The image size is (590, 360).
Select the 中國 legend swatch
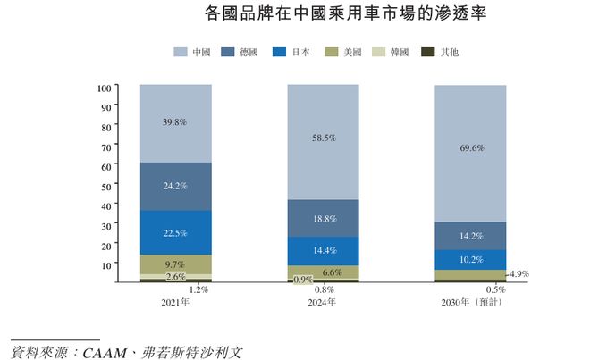click(180, 53)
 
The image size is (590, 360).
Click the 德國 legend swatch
click(228, 53)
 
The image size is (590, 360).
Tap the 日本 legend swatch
click(277, 53)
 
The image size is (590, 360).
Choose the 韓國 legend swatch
click(376, 53)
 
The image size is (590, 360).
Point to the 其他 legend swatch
click(426, 53)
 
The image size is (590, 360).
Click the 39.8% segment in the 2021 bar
click(175, 123)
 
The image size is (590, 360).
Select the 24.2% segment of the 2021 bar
click(175, 186)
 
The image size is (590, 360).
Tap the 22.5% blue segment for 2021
click(175, 233)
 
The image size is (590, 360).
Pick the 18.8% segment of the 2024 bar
click(323, 218)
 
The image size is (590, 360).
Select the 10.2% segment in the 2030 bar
click(470, 259)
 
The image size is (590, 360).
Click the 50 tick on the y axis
click(106, 186)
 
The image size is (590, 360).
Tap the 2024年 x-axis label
click(323, 303)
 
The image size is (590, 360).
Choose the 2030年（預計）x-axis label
click(471, 303)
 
